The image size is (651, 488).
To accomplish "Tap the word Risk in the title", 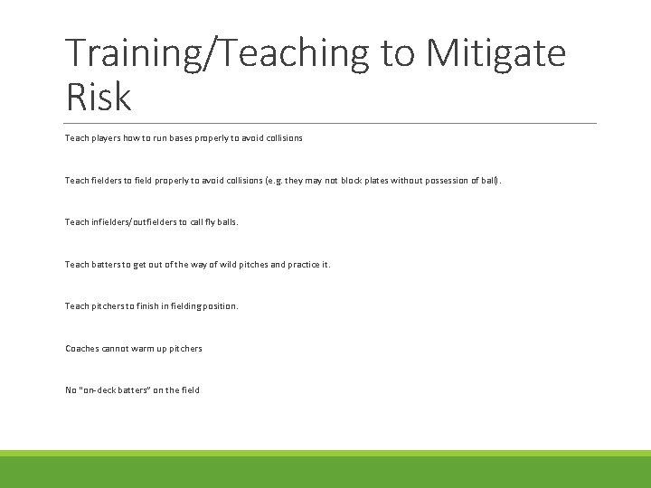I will [99, 96].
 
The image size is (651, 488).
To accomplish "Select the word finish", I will [155, 306].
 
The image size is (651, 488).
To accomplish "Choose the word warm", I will [137, 348].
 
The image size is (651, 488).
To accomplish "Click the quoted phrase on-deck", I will [99, 389].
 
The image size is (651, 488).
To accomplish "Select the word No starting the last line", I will [71, 389].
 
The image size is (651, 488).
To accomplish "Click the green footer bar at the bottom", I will [325, 470].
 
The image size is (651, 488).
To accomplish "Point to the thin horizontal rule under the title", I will [331, 123].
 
